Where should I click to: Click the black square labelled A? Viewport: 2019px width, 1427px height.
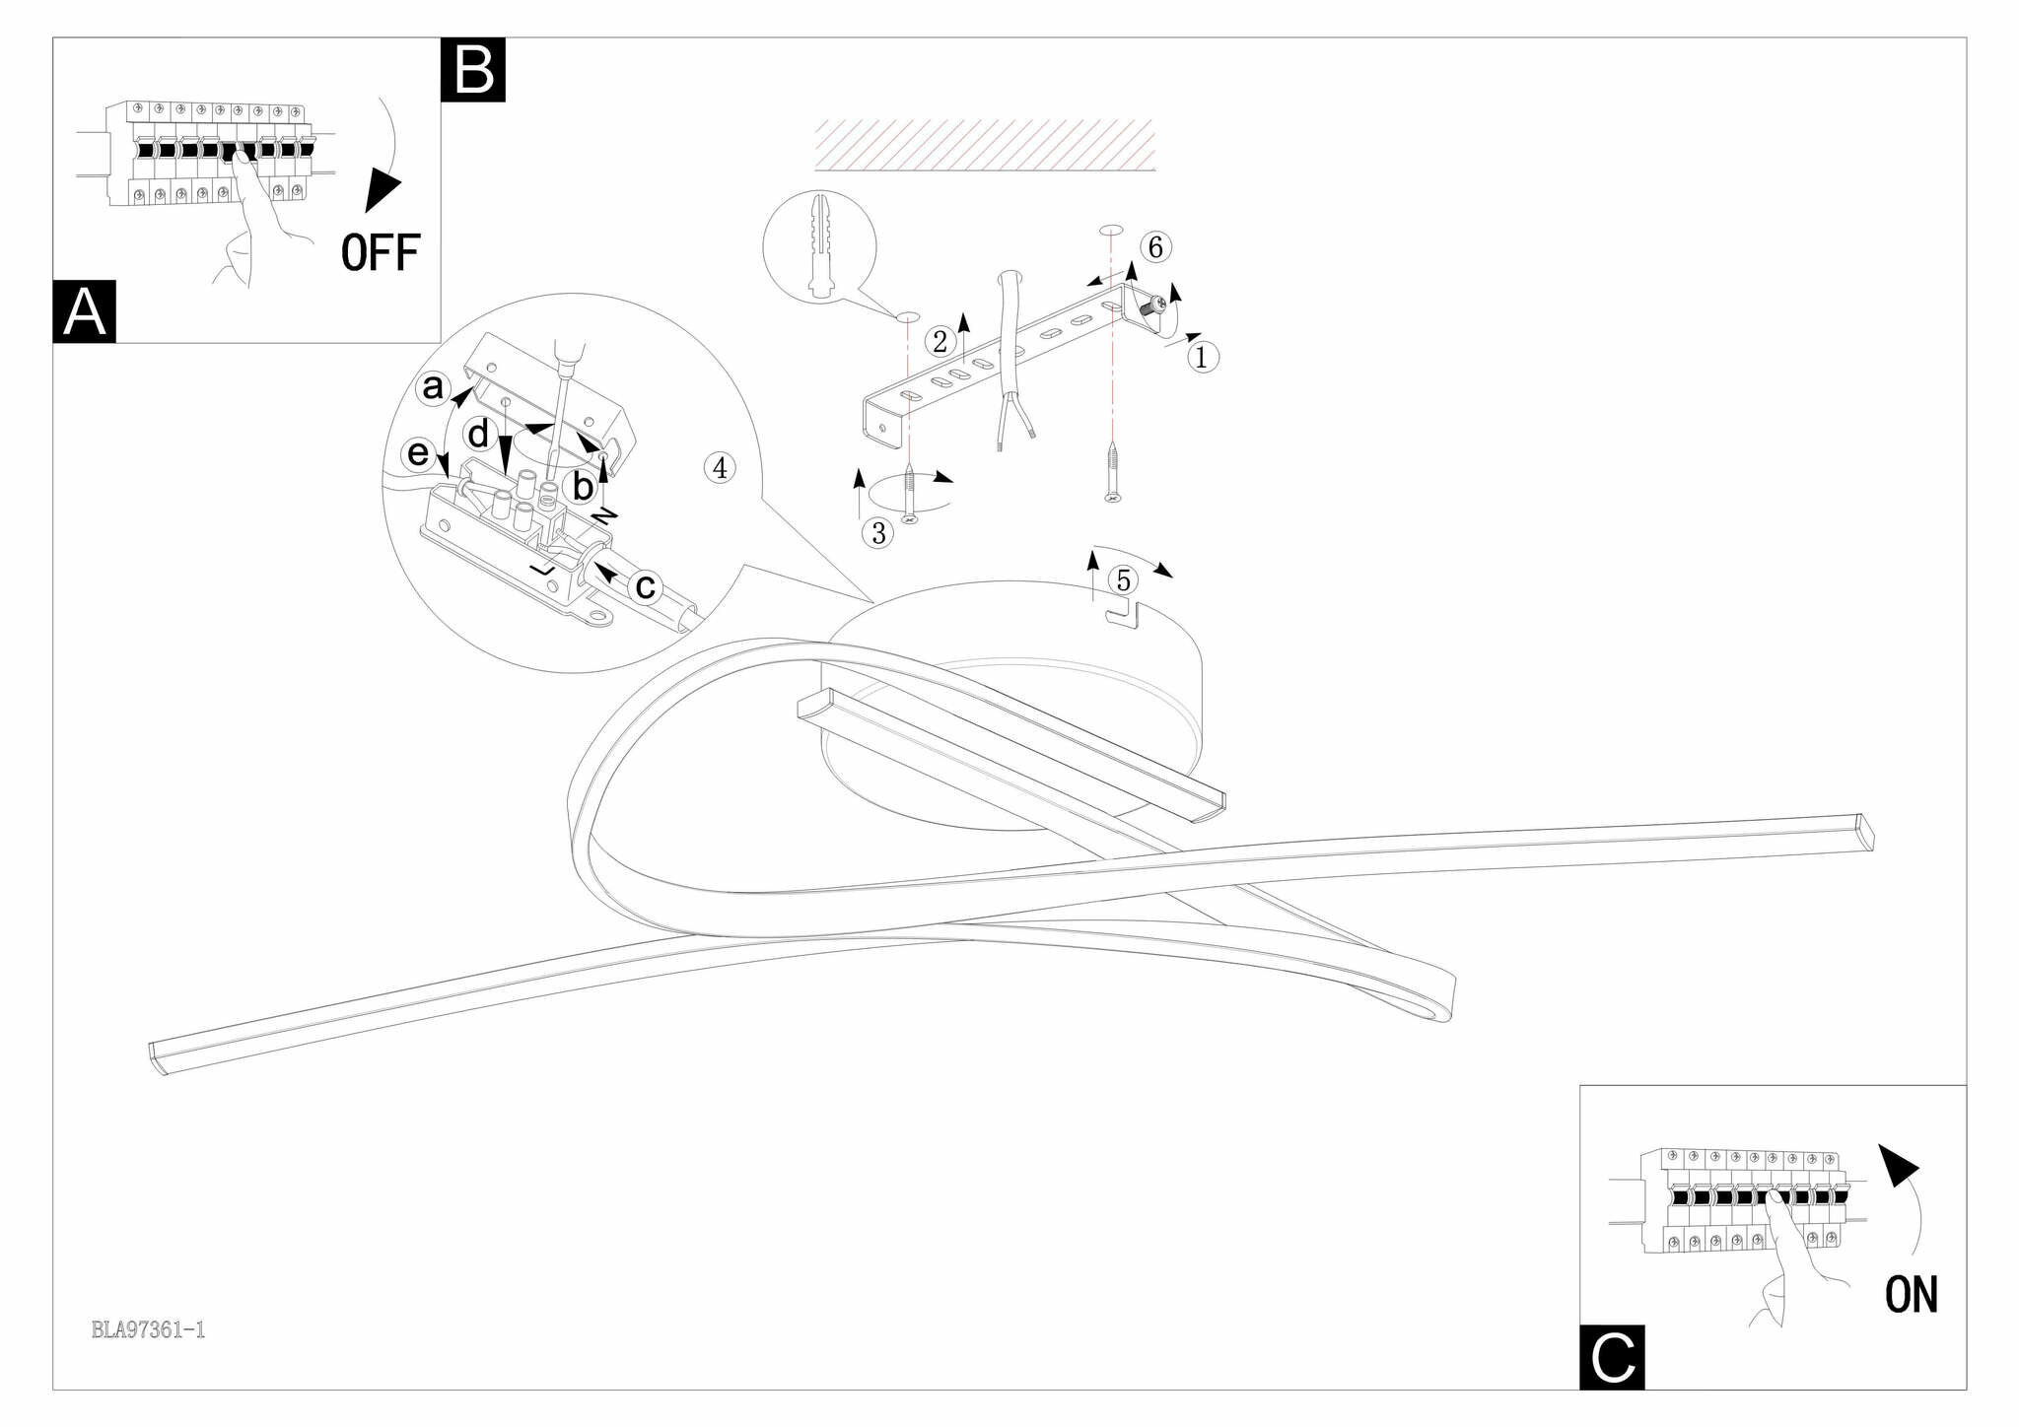[x=84, y=311]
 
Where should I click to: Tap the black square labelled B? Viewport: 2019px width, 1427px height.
[x=473, y=69]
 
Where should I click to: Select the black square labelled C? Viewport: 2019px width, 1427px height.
[x=1612, y=1357]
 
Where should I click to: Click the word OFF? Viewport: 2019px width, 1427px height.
[x=381, y=253]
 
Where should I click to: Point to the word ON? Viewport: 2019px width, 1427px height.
[x=1911, y=1295]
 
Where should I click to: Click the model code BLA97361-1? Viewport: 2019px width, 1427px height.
[x=148, y=1330]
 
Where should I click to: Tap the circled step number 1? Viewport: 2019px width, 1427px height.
[x=1201, y=357]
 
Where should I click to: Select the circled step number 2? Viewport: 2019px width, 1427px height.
[x=940, y=342]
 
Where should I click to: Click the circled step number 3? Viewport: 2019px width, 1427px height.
[x=877, y=533]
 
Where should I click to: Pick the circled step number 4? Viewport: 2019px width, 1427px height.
[x=720, y=468]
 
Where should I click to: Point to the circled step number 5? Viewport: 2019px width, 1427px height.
[x=1123, y=580]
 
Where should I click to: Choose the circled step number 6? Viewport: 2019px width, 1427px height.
[x=1155, y=246]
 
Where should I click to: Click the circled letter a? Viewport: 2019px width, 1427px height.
[x=433, y=387]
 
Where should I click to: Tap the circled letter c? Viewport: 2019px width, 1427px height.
[x=646, y=587]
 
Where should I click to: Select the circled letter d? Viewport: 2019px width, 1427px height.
[x=479, y=435]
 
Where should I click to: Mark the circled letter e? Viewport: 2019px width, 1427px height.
[x=419, y=453]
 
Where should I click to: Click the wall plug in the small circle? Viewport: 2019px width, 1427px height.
[x=820, y=246]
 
